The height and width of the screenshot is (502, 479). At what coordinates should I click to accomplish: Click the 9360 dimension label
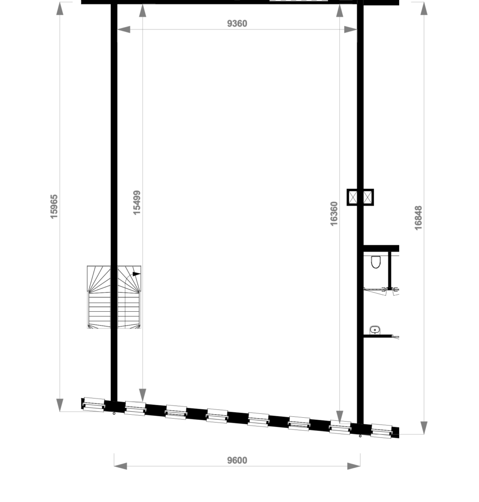coord(237,24)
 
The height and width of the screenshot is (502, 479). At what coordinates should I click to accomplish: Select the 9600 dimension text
coord(237,460)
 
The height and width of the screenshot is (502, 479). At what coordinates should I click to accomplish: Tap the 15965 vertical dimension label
coord(54,206)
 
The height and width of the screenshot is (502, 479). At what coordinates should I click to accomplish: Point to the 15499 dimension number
coord(137,202)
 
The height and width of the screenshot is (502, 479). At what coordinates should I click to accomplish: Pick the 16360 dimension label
coord(334,214)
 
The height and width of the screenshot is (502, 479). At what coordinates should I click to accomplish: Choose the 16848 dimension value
coord(418,218)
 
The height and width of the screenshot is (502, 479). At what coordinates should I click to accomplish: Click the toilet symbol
coord(376,262)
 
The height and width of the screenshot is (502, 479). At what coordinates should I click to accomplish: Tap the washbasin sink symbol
coord(375,330)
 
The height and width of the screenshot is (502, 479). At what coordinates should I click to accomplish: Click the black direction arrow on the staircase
coord(136,274)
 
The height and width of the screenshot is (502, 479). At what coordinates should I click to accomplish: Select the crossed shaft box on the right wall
coord(360,197)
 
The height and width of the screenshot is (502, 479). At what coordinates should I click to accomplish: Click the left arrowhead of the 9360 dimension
coord(124,30)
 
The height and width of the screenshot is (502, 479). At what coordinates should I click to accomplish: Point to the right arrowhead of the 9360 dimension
coord(350,30)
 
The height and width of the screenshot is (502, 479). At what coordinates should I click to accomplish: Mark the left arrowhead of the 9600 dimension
coord(121,466)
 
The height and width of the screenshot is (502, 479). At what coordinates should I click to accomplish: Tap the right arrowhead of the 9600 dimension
coord(354,466)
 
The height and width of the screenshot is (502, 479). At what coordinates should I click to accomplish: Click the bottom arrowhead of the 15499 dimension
coord(143,395)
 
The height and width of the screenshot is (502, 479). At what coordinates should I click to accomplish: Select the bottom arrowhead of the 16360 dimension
coord(340,417)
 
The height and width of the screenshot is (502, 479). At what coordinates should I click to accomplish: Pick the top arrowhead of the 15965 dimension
coord(60,8)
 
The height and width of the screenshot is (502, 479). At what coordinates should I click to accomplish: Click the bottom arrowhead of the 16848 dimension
coord(424,427)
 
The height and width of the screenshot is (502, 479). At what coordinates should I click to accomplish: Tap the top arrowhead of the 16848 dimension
coord(424,8)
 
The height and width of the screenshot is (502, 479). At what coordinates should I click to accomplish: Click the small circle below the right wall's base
coord(360,436)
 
